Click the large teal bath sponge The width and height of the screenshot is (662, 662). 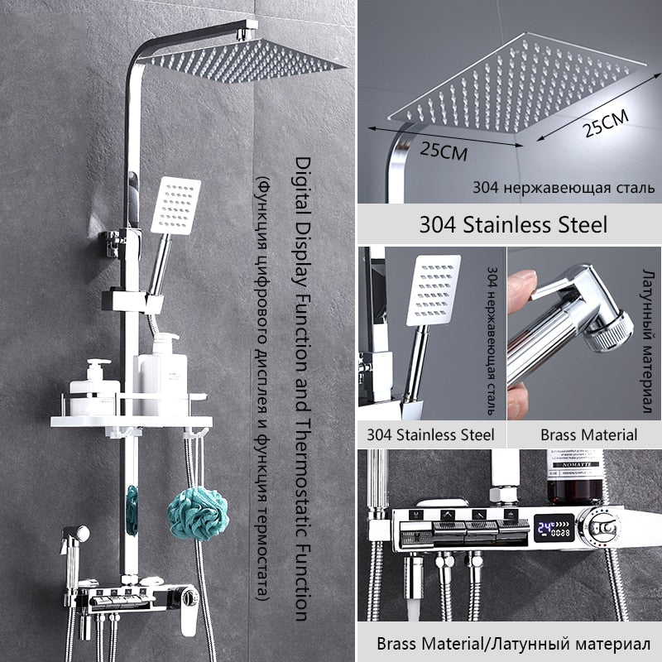point(198,513)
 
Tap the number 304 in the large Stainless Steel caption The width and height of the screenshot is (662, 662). point(438,224)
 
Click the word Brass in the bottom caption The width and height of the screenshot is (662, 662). point(397,645)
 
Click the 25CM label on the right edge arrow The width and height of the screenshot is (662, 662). point(606,122)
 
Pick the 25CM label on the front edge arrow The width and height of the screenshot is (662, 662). point(444,151)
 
